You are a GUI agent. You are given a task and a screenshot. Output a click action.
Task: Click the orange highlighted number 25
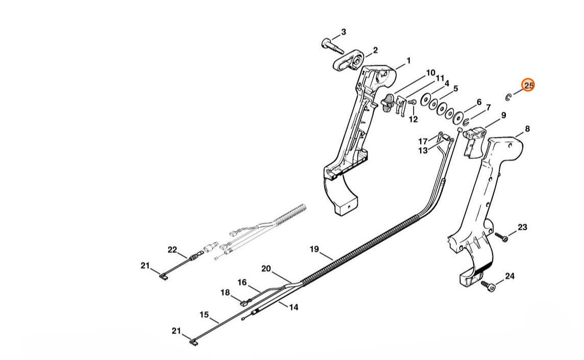528,85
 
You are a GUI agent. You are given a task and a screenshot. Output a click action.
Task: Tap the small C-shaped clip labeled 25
507,97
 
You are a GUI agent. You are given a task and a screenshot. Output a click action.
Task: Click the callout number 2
375,50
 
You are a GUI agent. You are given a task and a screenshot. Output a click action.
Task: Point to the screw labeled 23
501,236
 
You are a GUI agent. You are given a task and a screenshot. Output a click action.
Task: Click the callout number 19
314,249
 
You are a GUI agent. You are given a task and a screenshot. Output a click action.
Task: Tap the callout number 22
172,250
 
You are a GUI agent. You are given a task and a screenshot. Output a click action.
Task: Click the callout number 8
527,129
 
